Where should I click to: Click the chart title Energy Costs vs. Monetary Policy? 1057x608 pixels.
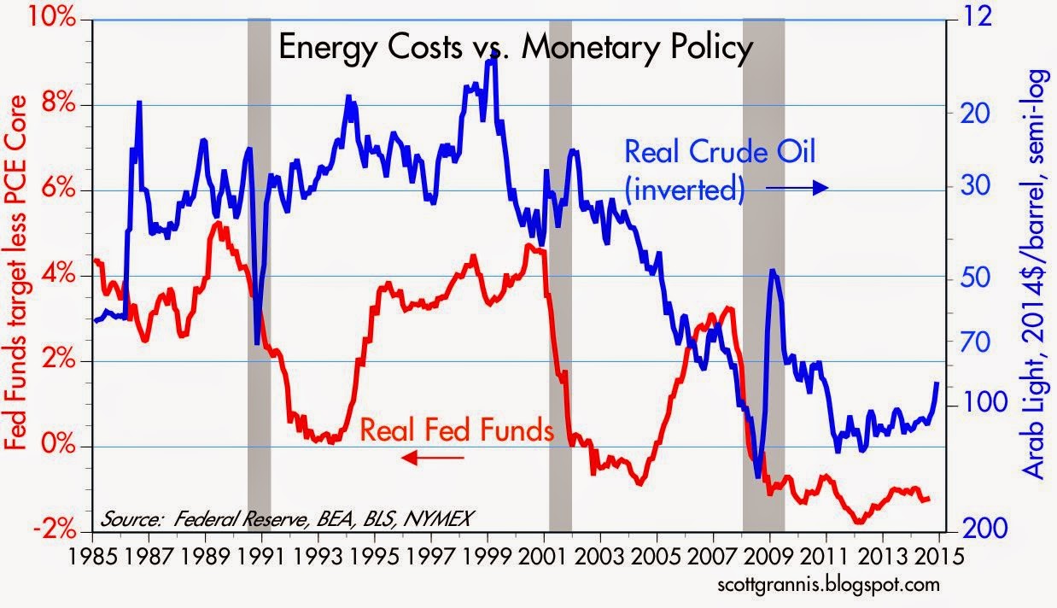click(x=516, y=48)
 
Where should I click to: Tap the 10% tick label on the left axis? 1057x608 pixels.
click(x=52, y=18)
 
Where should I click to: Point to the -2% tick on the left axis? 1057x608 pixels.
click(x=55, y=530)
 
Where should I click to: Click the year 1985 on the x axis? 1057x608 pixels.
click(x=92, y=557)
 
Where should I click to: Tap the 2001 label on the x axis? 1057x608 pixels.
click(x=543, y=557)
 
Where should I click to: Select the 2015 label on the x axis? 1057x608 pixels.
click(x=938, y=557)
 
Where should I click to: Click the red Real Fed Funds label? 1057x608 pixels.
click(x=457, y=430)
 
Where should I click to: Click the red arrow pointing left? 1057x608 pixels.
click(x=432, y=457)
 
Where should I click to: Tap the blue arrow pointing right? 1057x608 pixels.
click(x=797, y=188)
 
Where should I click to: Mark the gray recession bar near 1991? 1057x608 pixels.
click(x=259, y=275)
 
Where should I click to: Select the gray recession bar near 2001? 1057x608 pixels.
click(x=561, y=275)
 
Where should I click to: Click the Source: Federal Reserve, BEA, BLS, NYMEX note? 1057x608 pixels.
click(x=285, y=519)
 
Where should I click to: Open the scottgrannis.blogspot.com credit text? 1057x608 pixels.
click(x=829, y=585)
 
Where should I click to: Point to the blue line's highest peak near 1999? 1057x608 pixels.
click(x=492, y=52)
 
